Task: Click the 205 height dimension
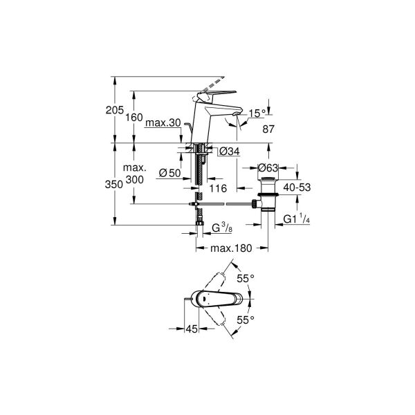tap(115, 110)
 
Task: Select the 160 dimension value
tap(134, 118)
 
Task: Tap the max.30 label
tap(163, 123)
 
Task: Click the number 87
tap(268, 129)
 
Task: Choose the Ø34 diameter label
tap(230, 151)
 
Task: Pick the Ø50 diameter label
tap(170, 173)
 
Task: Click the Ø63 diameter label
tap(268, 168)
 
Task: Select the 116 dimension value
tap(218, 188)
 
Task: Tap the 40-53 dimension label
tap(297, 187)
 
